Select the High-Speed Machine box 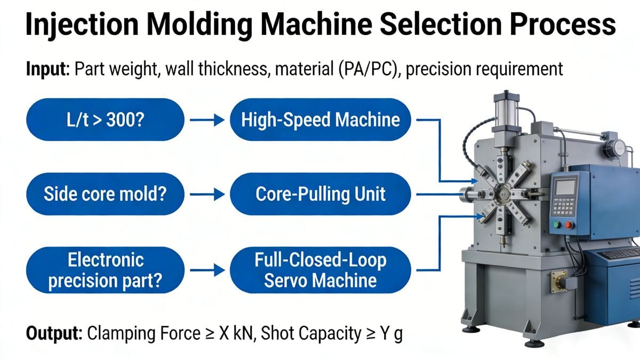pyautogui.click(x=320, y=120)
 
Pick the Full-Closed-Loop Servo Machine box pyautogui.click(x=320, y=269)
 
